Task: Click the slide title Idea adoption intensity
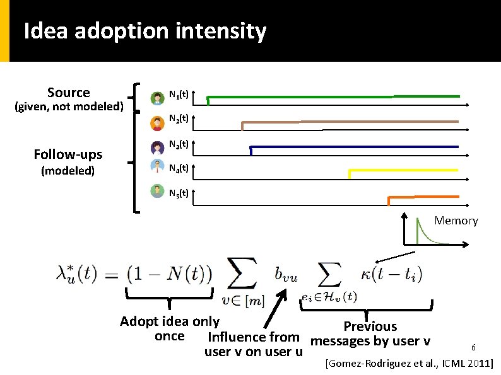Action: coord(144,31)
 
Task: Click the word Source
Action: coord(68,93)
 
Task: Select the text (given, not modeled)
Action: coord(68,107)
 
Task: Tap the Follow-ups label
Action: coord(68,154)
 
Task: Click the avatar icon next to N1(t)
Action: coord(157,98)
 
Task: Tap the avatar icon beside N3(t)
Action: coord(157,147)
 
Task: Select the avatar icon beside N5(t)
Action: coord(157,190)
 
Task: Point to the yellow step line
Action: coord(404,170)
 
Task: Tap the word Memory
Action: coord(456,221)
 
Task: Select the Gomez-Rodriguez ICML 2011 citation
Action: coord(409,364)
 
